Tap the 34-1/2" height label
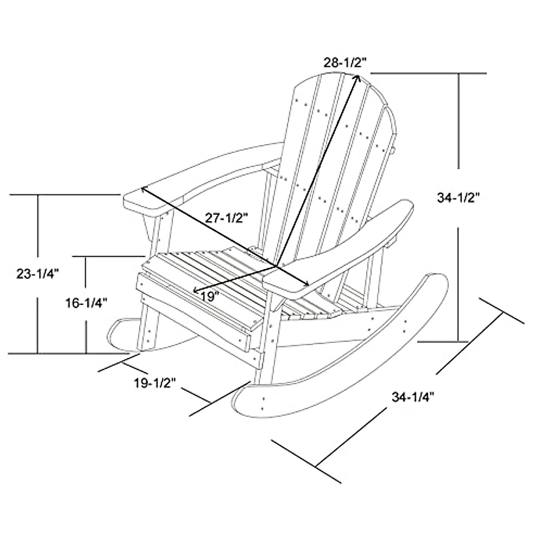tap(458, 198)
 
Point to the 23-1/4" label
tap(38, 274)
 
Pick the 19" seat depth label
tap(210, 296)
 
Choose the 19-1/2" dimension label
tap(154, 383)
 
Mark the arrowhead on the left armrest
tap(144, 190)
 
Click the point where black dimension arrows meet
tap(277, 266)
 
